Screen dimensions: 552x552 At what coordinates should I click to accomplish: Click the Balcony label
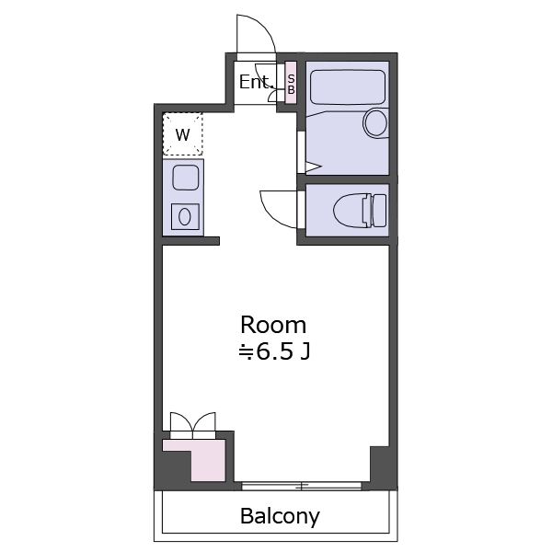click(x=280, y=516)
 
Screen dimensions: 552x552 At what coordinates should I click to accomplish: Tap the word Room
click(x=273, y=325)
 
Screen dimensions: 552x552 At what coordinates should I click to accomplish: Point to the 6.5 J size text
click(x=274, y=351)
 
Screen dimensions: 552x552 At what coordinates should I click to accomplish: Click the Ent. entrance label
click(x=256, y=82)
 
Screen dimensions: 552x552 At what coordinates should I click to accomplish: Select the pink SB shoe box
click(x=291, y=83)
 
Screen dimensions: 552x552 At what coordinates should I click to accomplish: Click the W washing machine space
click(x=183, y=134)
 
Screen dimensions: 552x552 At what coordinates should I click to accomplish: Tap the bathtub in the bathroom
click(x=348, y=87)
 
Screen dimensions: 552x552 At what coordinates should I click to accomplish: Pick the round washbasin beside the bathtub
click(x=376, y=123)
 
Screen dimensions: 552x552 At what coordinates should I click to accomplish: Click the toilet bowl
click(x=350, y=210)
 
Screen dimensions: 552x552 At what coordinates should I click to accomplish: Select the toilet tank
click(x=379, y=211)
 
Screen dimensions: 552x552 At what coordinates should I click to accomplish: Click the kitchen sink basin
click(x=186, y=178)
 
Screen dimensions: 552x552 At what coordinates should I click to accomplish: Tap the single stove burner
click(x=185, y=216)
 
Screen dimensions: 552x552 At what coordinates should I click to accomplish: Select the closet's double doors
click(x=193, y=425)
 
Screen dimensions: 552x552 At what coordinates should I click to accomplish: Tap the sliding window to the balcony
click(x=302, y=486)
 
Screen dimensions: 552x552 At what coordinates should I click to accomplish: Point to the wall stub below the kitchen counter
click(x=190, y=241)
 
